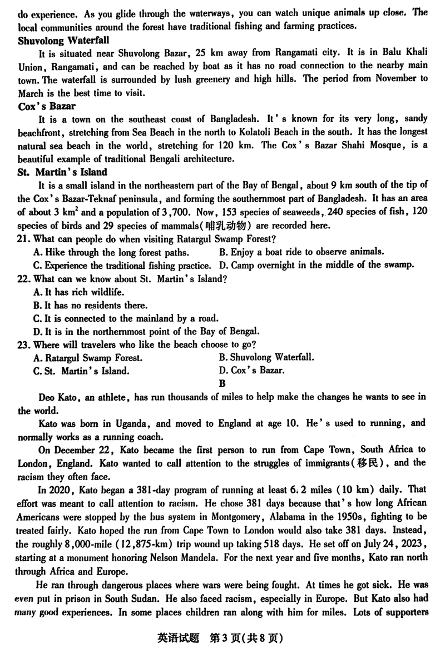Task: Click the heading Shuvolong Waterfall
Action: (x=64, y=40)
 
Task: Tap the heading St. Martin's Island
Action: (x=62, y=172)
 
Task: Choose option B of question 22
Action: (x=83, y=305)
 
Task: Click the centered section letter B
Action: (x=222, y=383)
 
